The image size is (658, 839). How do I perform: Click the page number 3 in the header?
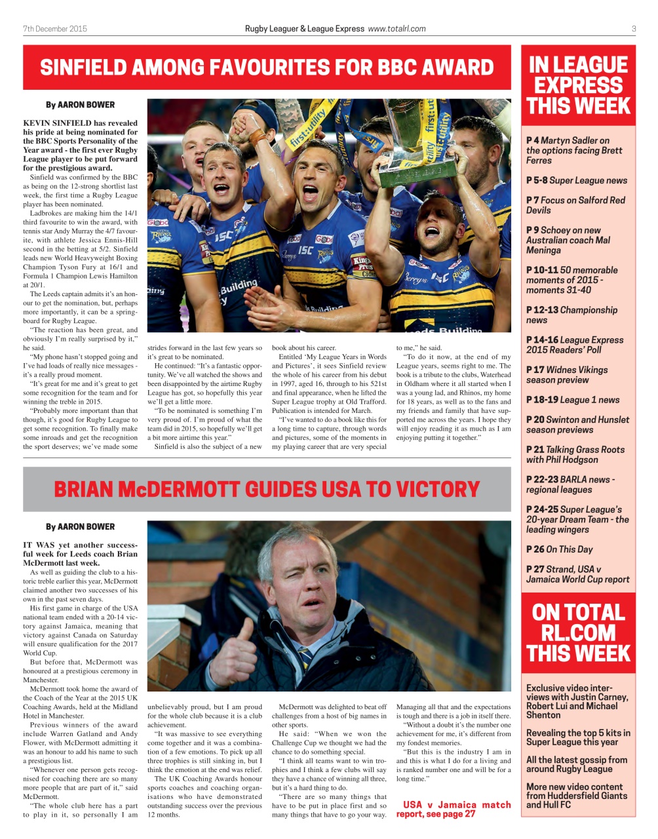[634, 29]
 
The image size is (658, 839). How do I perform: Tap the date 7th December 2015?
[55, 29]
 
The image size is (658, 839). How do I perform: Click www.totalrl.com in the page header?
[397, 29]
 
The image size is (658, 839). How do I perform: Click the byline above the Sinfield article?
[80, 105]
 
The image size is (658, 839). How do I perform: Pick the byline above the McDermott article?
[80, 527]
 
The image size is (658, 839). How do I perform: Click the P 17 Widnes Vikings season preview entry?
[566, 375]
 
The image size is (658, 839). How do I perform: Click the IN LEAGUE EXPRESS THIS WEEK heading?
[578, 85]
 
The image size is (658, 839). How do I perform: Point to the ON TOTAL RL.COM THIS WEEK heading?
[578, 633]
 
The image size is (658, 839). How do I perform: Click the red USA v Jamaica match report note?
[453, 809]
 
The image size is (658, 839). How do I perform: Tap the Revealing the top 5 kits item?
[577, 737]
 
